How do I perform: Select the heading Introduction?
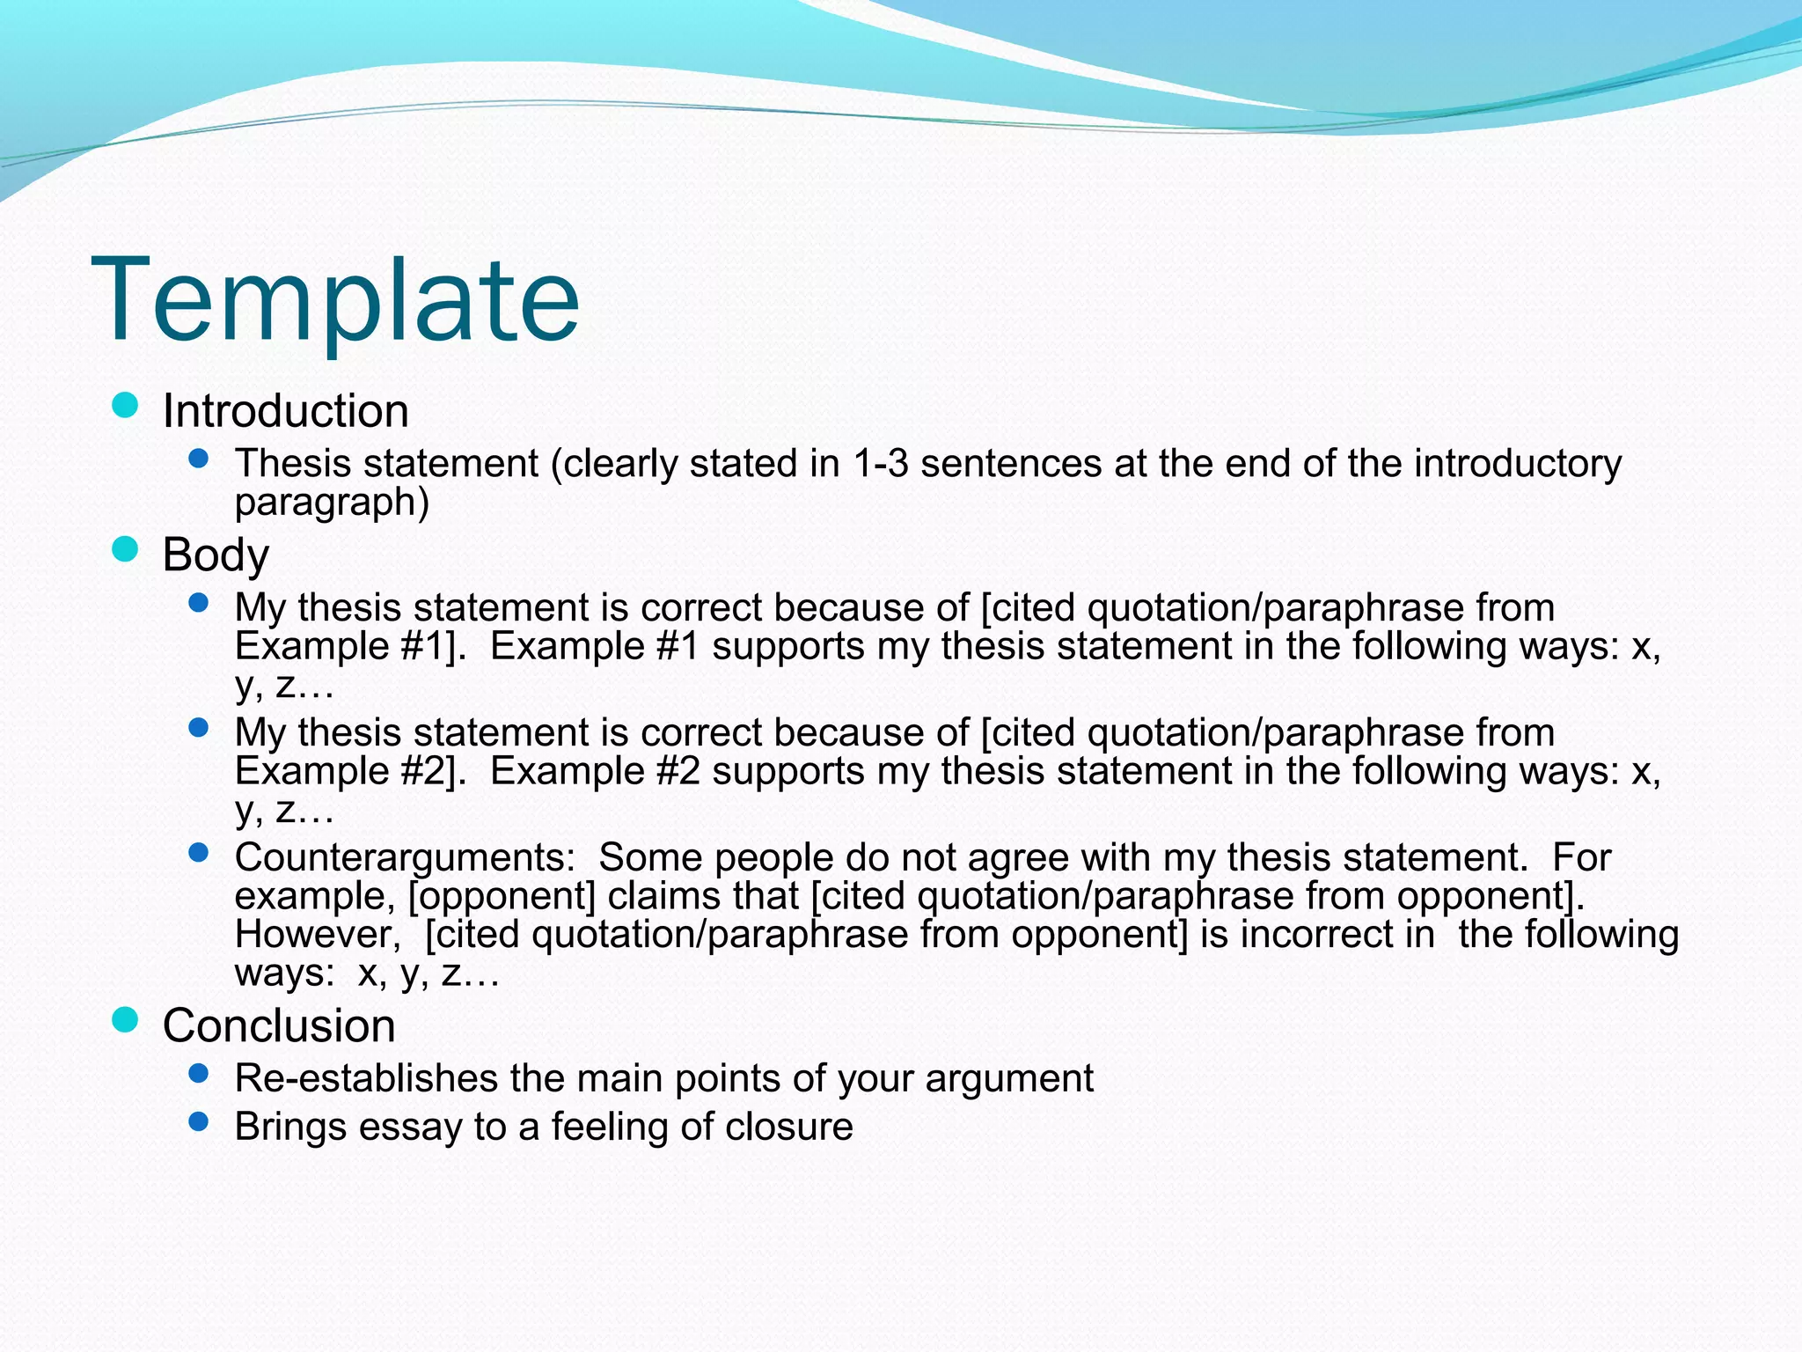pyautogui.click(x=286, y=411)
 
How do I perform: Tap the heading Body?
pyautogui.click(x=216, y=555)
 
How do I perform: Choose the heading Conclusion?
pyautogui.click(x=279, y=1025)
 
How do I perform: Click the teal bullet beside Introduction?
pyautogui.click(x=126, y=406)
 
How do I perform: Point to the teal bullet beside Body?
pyautogui.click(x=126, y=549)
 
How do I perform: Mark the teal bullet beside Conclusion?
pyautogui.click(x=126, y=1020)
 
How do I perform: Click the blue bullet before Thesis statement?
pyautogui.click(x=199, y=459)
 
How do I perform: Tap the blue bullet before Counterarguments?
pyautogui.click(x=199, y=852)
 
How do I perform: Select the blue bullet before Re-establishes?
pyautogui.click(x=199, y=1073)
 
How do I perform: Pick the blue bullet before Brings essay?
pyautogui.click(x=199, y=1121)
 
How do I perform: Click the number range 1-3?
pyautogui.click(x=880, y=464)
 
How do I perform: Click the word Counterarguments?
pyautogui.click(x=405, y=858)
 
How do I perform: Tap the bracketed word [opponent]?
pyautogui.click(x=502, y=897)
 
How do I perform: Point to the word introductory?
pyautogui.click(x=1518, y=464)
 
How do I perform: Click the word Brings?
pyautogui.click(x=290, y=1128)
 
